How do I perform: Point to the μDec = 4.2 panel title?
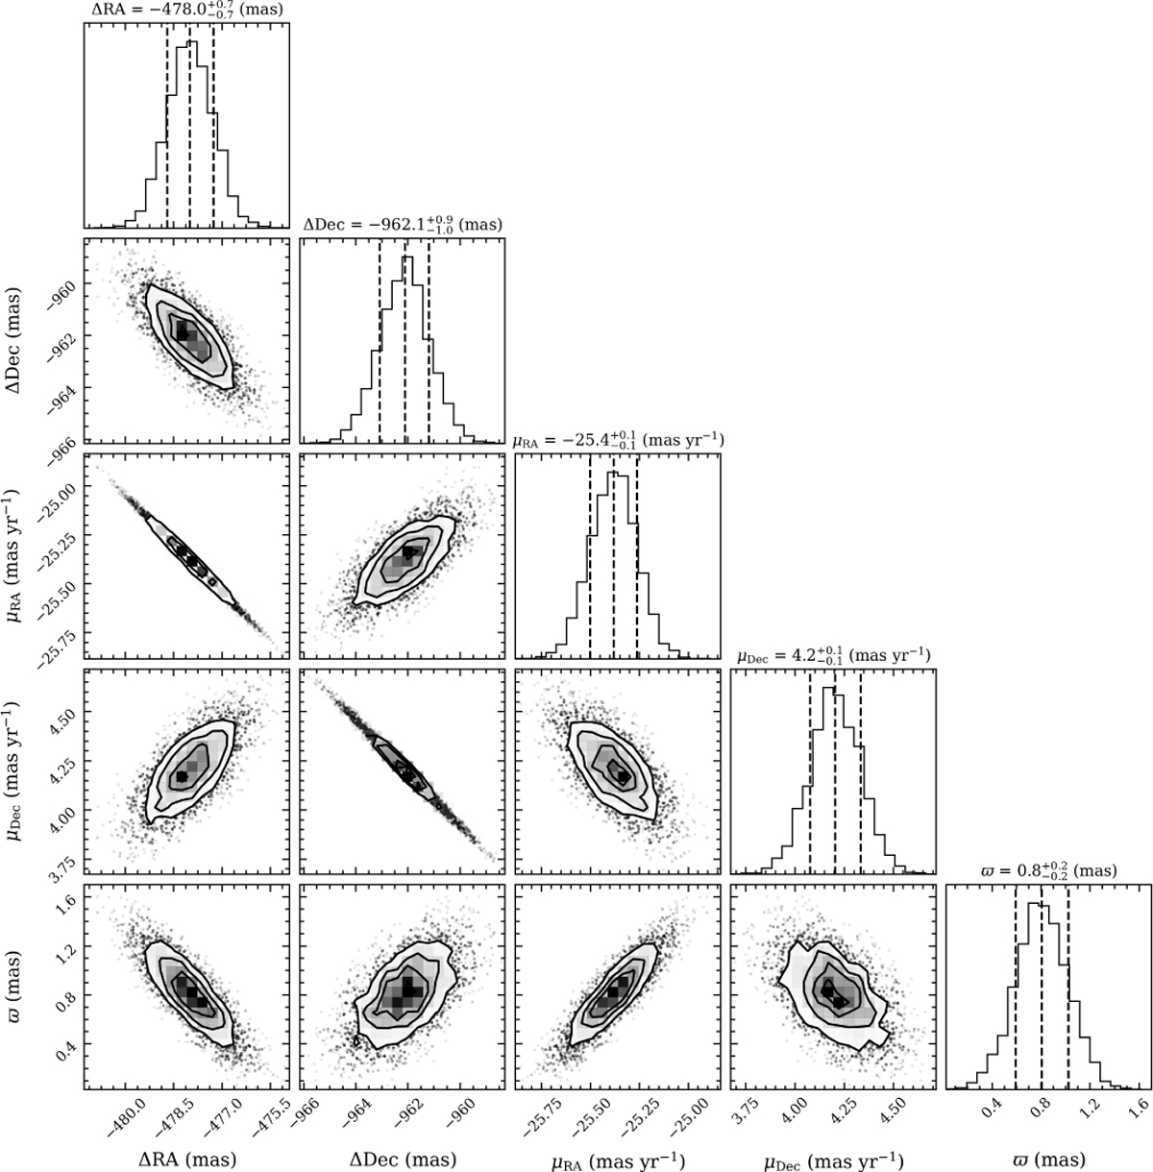[x=833, y=656]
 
